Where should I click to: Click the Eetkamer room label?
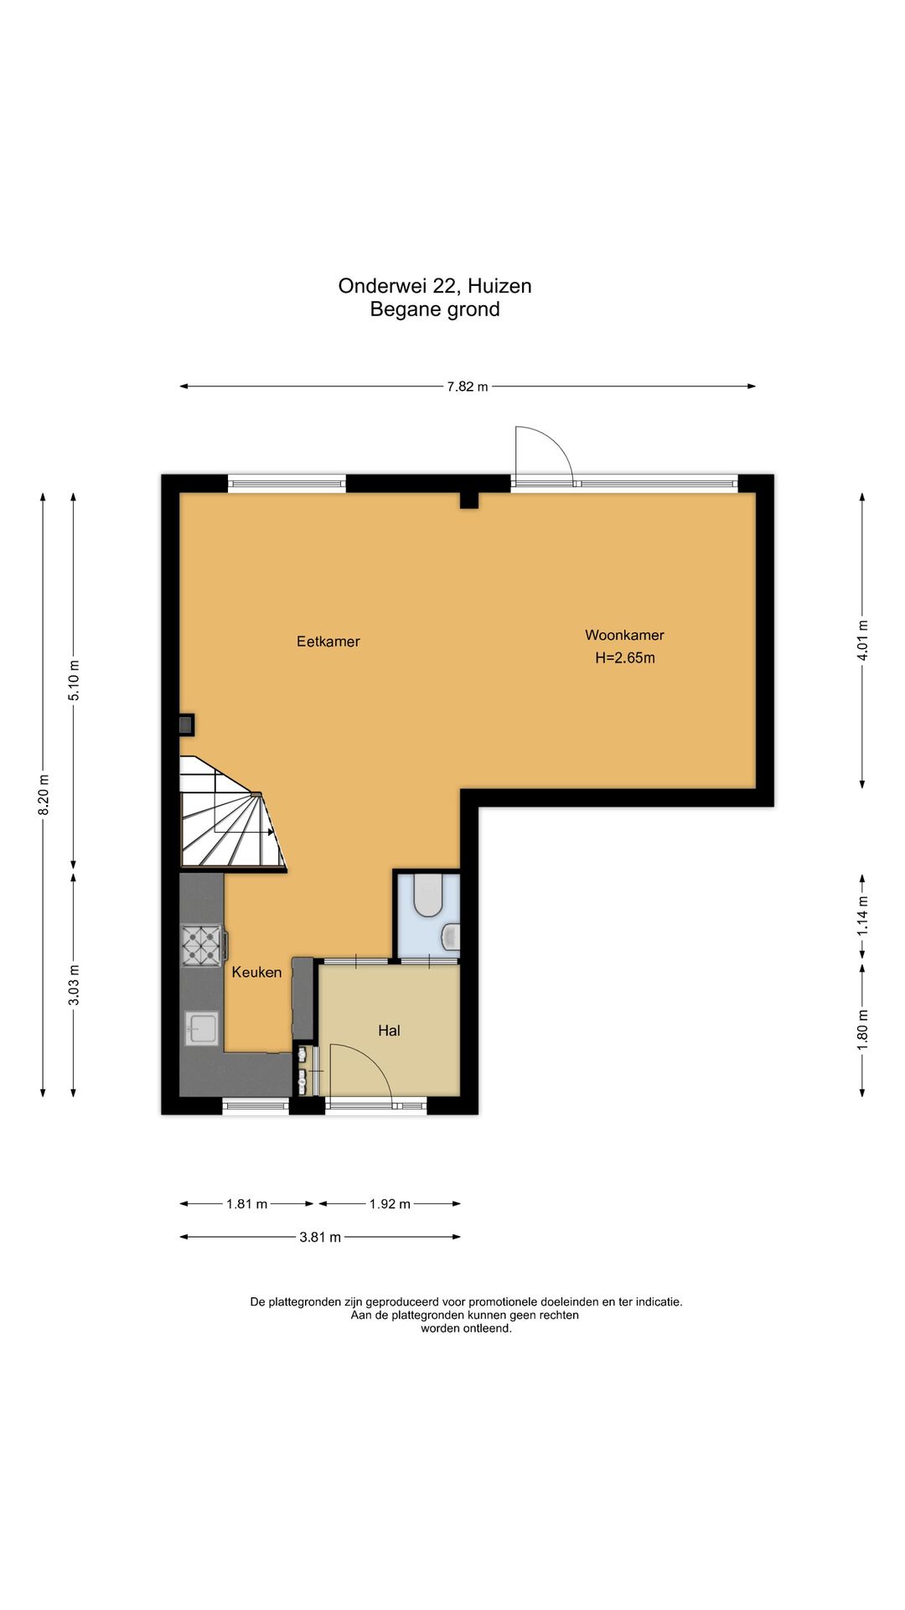[328, 641]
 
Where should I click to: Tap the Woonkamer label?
[624, 636]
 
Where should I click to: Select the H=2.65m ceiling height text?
[625, 658]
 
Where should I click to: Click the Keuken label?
[256, 972]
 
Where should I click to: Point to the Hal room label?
[389, 1031]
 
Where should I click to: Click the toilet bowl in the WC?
[428, 896]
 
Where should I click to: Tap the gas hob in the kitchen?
[201, 945]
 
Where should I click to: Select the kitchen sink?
[202, 1028]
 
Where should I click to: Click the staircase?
[231, 814]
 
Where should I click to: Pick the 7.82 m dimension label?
[468, 387]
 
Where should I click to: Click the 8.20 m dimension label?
[44, 793]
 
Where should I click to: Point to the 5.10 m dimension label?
[74, 681]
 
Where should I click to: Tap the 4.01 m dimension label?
[862, 640]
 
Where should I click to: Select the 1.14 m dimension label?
[862, 917]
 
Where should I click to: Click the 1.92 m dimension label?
[390, 1204]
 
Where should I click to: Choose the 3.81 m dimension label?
[320, 1237]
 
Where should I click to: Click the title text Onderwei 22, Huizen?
[435, 286]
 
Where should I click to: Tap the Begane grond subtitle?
[435, 309]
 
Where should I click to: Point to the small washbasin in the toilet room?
[452, 937]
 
